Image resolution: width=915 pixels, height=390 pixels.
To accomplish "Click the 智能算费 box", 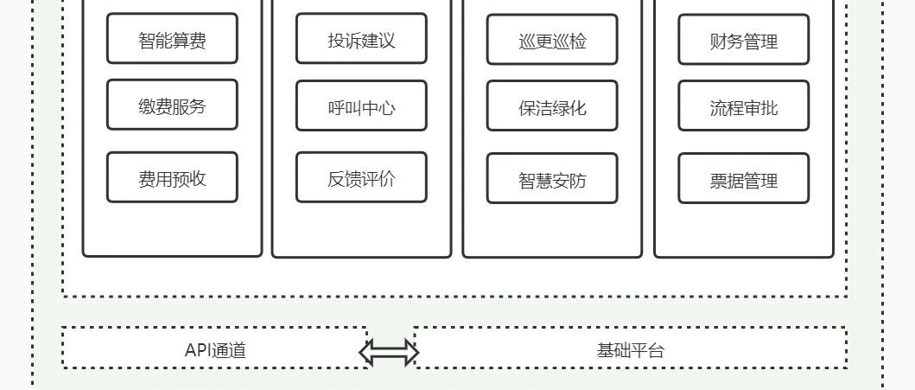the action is [172, 39].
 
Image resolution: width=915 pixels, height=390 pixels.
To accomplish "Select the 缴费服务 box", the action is [172, 105].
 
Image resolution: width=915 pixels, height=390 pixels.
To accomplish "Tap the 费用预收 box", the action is [172, 177].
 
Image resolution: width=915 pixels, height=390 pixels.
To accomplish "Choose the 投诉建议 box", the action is [361, 39].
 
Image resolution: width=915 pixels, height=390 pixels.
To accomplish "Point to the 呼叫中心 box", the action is [361, 105].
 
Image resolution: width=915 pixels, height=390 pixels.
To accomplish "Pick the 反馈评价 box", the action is [361, 177].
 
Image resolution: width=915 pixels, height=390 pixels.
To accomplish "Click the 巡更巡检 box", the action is [552, 39].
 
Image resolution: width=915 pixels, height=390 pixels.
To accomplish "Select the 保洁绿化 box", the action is [552, 105].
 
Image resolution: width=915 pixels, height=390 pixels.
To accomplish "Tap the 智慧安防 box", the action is [552, 179].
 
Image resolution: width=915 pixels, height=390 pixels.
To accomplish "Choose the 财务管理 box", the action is [743, 39].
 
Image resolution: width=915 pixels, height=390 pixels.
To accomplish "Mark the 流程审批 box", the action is [743, 105].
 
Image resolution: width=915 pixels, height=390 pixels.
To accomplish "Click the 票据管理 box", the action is [743, 179].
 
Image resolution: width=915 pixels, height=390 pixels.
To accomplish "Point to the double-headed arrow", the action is [389, 352].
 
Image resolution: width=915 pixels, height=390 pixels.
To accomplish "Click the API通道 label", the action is [215, 350].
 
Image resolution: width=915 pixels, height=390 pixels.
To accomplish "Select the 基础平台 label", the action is [630, 350].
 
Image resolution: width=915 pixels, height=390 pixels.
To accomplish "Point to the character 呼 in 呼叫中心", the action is [336, 108].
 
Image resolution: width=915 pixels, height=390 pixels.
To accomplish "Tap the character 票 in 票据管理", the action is [718, 181].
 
